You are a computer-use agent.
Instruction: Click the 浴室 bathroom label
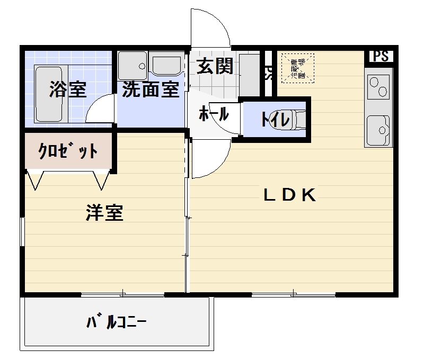pyautogui.click(x=67, y=90)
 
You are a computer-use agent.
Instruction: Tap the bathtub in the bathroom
pyautogui.click(x=49, y=94)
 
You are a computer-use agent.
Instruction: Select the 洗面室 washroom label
pyautogui.click(x=151, y=90)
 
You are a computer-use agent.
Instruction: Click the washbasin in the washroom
pyautogui.click(x=166, y=65)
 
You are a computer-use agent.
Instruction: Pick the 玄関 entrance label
pyautogui.click(x=215, y=66)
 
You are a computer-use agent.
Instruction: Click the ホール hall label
pyautogui.click(x=214, y=114)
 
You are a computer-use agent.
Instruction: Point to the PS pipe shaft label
pyautogui.click(x=381, y=56)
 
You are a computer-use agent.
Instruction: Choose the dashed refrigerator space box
pyautogui.click(x=298, y=68)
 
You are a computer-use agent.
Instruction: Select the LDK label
pyautogui.click(x=290, y=195)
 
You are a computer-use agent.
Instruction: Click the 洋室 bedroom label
pyautogui.click(x=105, y=213)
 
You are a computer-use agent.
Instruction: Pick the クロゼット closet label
pyautogui.click(x=68, y=152)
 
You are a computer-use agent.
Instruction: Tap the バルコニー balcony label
pyautogui.click(x=117, y=322)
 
